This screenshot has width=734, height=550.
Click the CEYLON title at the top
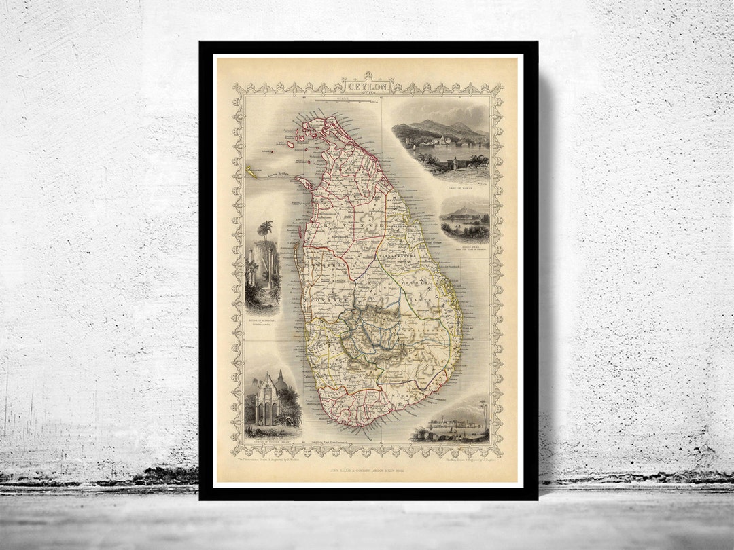point(367,87)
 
